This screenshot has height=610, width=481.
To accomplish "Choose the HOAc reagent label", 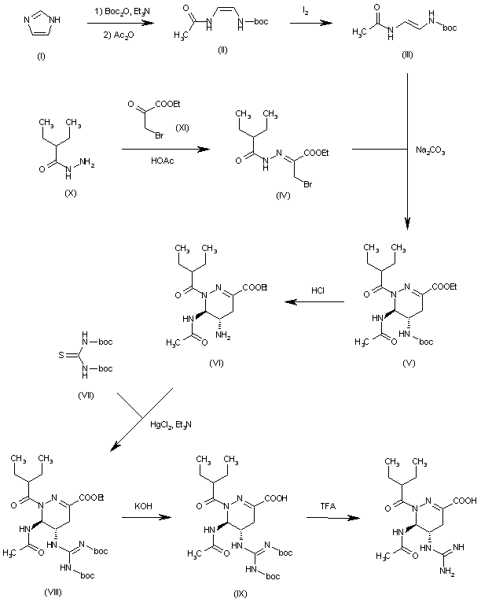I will click(x=158, y=161).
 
